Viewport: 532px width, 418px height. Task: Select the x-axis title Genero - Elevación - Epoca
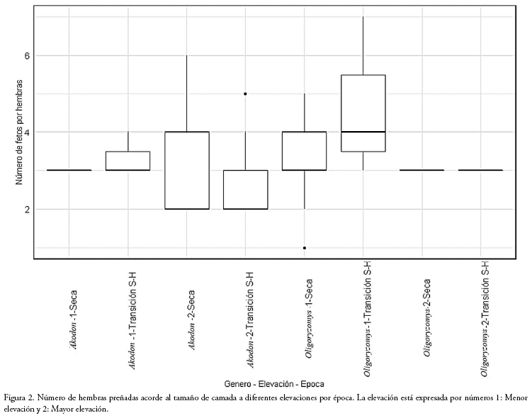[x=273, y=383]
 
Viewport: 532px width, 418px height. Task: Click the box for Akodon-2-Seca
[x=186, y=171]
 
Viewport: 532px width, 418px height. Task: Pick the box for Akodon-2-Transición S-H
[x=245, y=190]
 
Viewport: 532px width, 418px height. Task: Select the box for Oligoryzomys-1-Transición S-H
[x=363, y=113]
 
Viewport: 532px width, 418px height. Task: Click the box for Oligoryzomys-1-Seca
[x=304, y=151]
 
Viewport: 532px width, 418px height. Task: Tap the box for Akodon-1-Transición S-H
[x=128, y=161]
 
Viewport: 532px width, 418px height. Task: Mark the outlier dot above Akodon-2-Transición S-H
[x=245, y=94]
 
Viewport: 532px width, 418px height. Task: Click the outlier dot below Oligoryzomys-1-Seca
[x=304, y=248]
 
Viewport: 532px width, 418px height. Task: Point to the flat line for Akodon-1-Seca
[x=69, y=170]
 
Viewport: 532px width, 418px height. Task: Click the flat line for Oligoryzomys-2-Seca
[x=421, y=170]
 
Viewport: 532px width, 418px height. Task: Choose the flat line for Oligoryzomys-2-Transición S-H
[x=480, y=170]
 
